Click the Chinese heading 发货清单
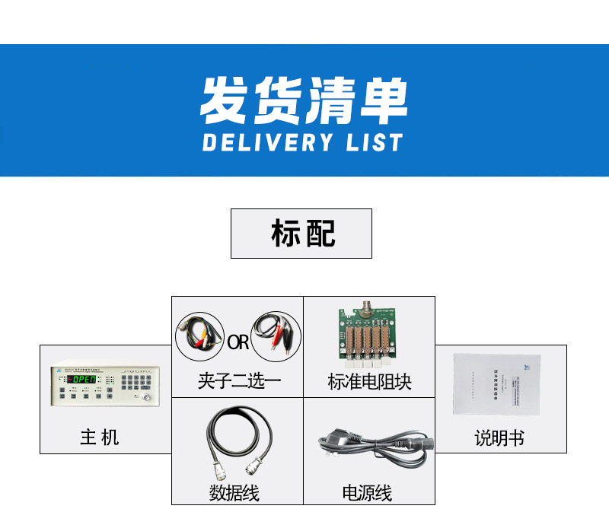click(304, 100)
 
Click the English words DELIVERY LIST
click(302, 142)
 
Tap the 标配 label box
click(301, 234)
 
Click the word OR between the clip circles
click(238, 342)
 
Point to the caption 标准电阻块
click(369, 381)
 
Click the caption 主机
click(100, 437)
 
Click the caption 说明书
click(499, 438)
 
